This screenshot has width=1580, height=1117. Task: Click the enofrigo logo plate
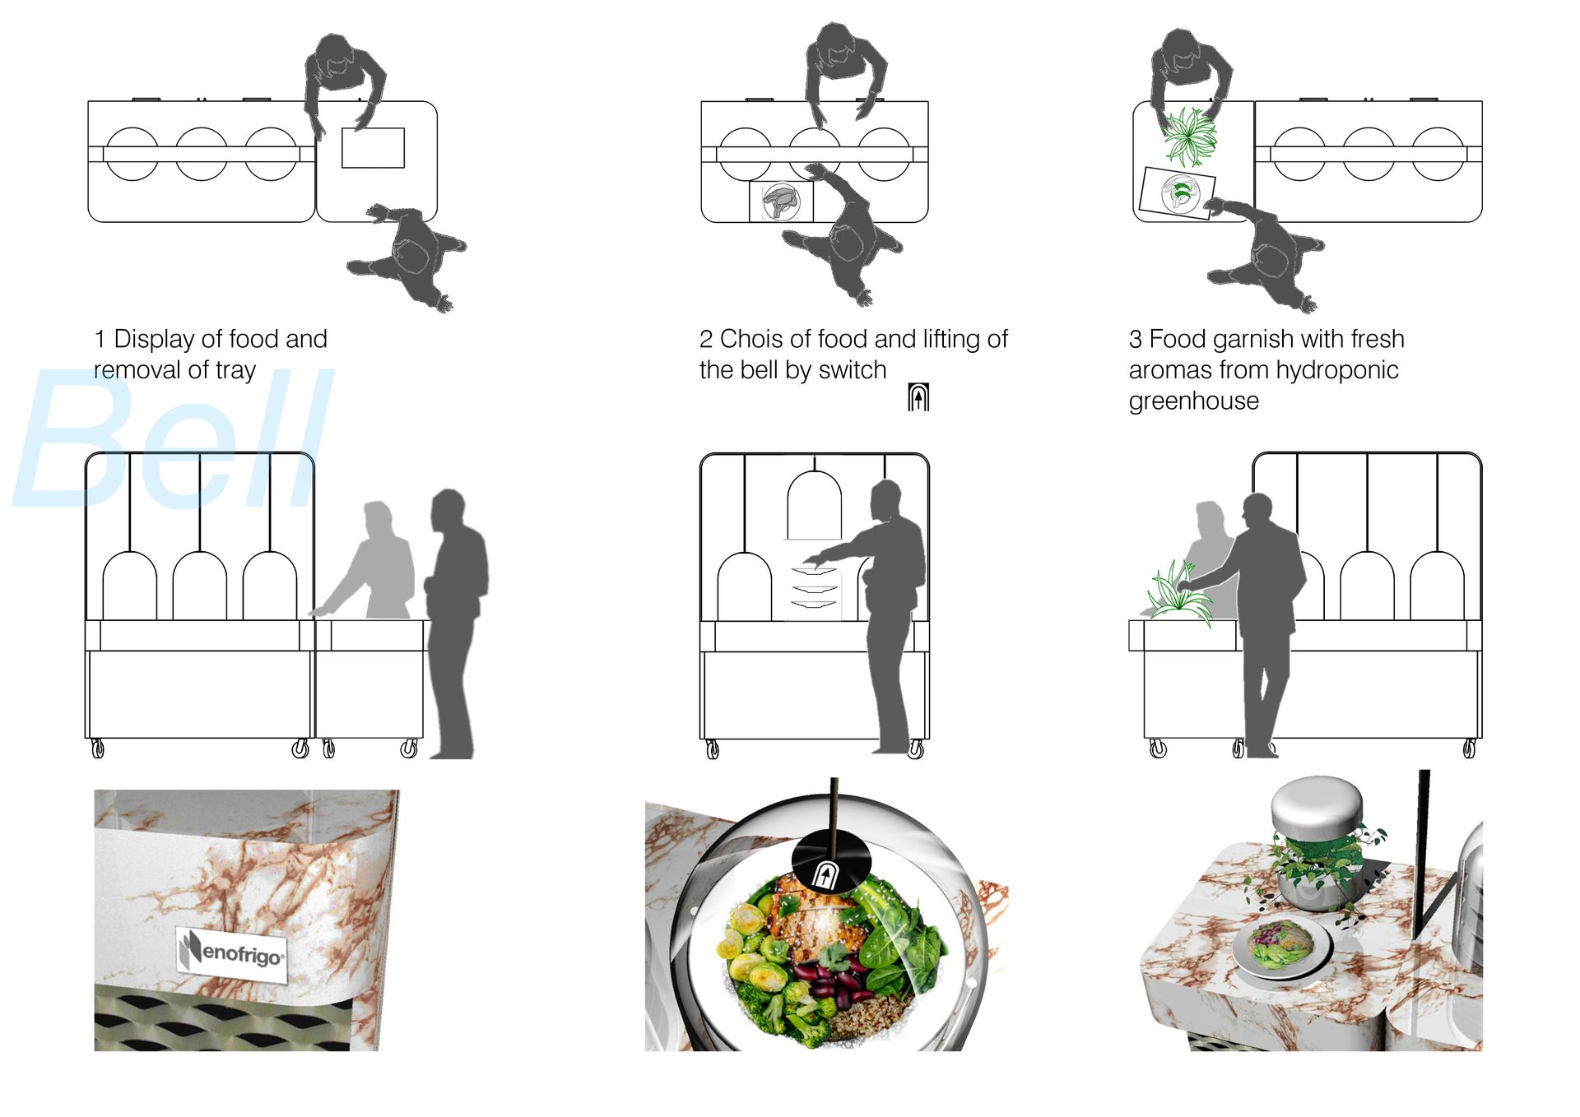[232, 953]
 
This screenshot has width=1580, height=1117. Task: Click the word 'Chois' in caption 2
[751, 339]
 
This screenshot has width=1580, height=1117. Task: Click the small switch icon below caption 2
[918, 397]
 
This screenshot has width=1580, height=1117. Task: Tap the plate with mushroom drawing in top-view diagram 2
[781, 202]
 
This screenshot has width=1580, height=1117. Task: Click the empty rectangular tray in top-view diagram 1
[373, 148]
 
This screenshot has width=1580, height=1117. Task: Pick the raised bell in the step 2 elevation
[815, 505]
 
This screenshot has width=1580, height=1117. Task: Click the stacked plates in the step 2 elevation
[814, 587]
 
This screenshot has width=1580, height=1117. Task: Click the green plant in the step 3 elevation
[1178, 594]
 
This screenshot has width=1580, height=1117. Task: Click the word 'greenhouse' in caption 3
[1194, 401]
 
